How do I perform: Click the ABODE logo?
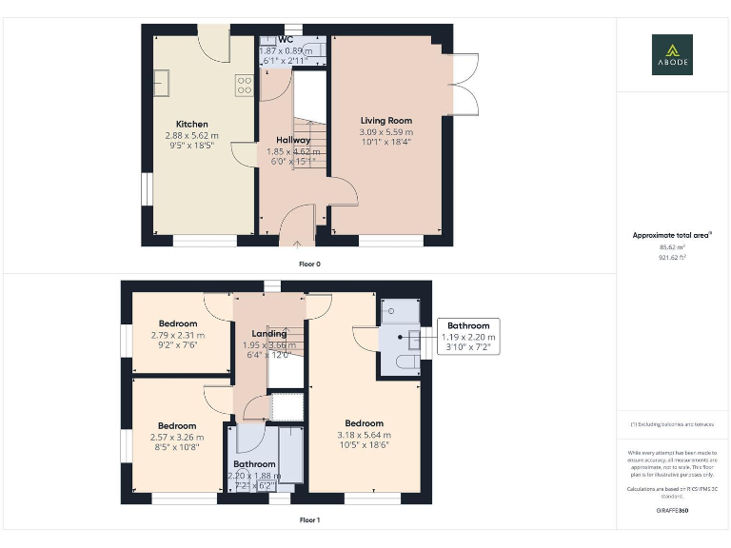pyautogui.click(x=672, y=54)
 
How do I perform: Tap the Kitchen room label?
pyautogui.click(x=191, y=125)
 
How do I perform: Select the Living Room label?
pyautogui.click(x=385, y=121)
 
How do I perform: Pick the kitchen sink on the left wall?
pyautogui.click(x=161, y=82)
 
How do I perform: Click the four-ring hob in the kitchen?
pyautogui.click(x=245, y=86)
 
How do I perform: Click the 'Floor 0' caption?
pyautogui.click(x=309, y=264)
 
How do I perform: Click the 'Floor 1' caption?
pyautogui.click(x=309, y=520)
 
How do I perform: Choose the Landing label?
pyautogui.click(x=269, y=334)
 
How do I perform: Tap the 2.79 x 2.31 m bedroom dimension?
pyautogui.click(x=178, y=335)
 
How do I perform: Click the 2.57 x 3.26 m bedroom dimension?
pyautogui.click(x=177, y=437)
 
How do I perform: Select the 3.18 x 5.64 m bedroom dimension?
pyautogui.click(x=364, y=435)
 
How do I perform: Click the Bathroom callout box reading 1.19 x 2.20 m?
pyautogui.click(x=468, y=337)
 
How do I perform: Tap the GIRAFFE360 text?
pyautogui.click(x=672, y=511)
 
